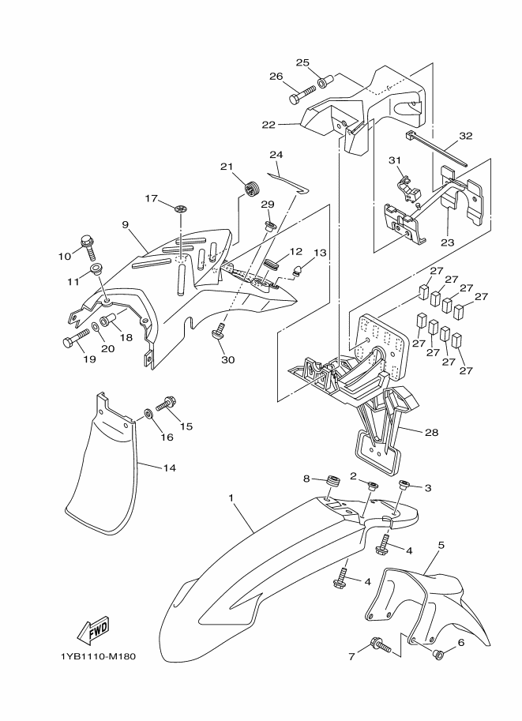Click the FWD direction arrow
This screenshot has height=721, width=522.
click(92, 630)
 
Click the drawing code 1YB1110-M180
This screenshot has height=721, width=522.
click(97, 656)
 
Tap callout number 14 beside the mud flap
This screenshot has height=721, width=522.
click(169, 468)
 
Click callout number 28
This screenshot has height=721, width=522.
click(431, 432)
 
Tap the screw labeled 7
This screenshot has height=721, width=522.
click(381, 646)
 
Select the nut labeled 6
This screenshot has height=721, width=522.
click(440, 653)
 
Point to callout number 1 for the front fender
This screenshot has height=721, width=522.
click(231, 498)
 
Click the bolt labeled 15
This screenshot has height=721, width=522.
click(167, 404)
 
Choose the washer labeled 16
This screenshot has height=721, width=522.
click(148, 414)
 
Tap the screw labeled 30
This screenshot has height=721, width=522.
click(218, 334)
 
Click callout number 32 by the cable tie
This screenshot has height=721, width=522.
click(465, 136)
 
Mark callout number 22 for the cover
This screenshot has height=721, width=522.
click(269, 125)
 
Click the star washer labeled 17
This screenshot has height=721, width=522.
click(181, 208)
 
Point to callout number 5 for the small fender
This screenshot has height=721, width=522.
click(441, 545)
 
